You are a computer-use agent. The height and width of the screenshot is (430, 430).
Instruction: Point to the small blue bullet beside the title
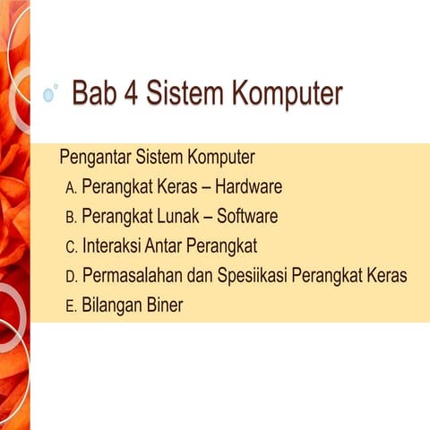point(49,95)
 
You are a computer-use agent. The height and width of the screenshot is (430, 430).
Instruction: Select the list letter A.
point(71,189)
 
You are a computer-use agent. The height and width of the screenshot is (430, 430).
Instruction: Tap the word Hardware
point(248,188)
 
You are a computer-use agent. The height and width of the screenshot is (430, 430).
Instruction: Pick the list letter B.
point(71,218)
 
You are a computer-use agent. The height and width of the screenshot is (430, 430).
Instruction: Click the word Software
point(247,217)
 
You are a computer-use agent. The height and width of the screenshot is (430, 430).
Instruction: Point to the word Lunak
point(182,217)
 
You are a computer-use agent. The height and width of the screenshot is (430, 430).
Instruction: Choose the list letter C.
point(71,246)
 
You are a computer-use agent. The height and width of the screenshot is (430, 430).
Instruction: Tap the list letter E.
point(71,305)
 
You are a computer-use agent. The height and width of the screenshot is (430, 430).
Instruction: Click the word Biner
point(162,305)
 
